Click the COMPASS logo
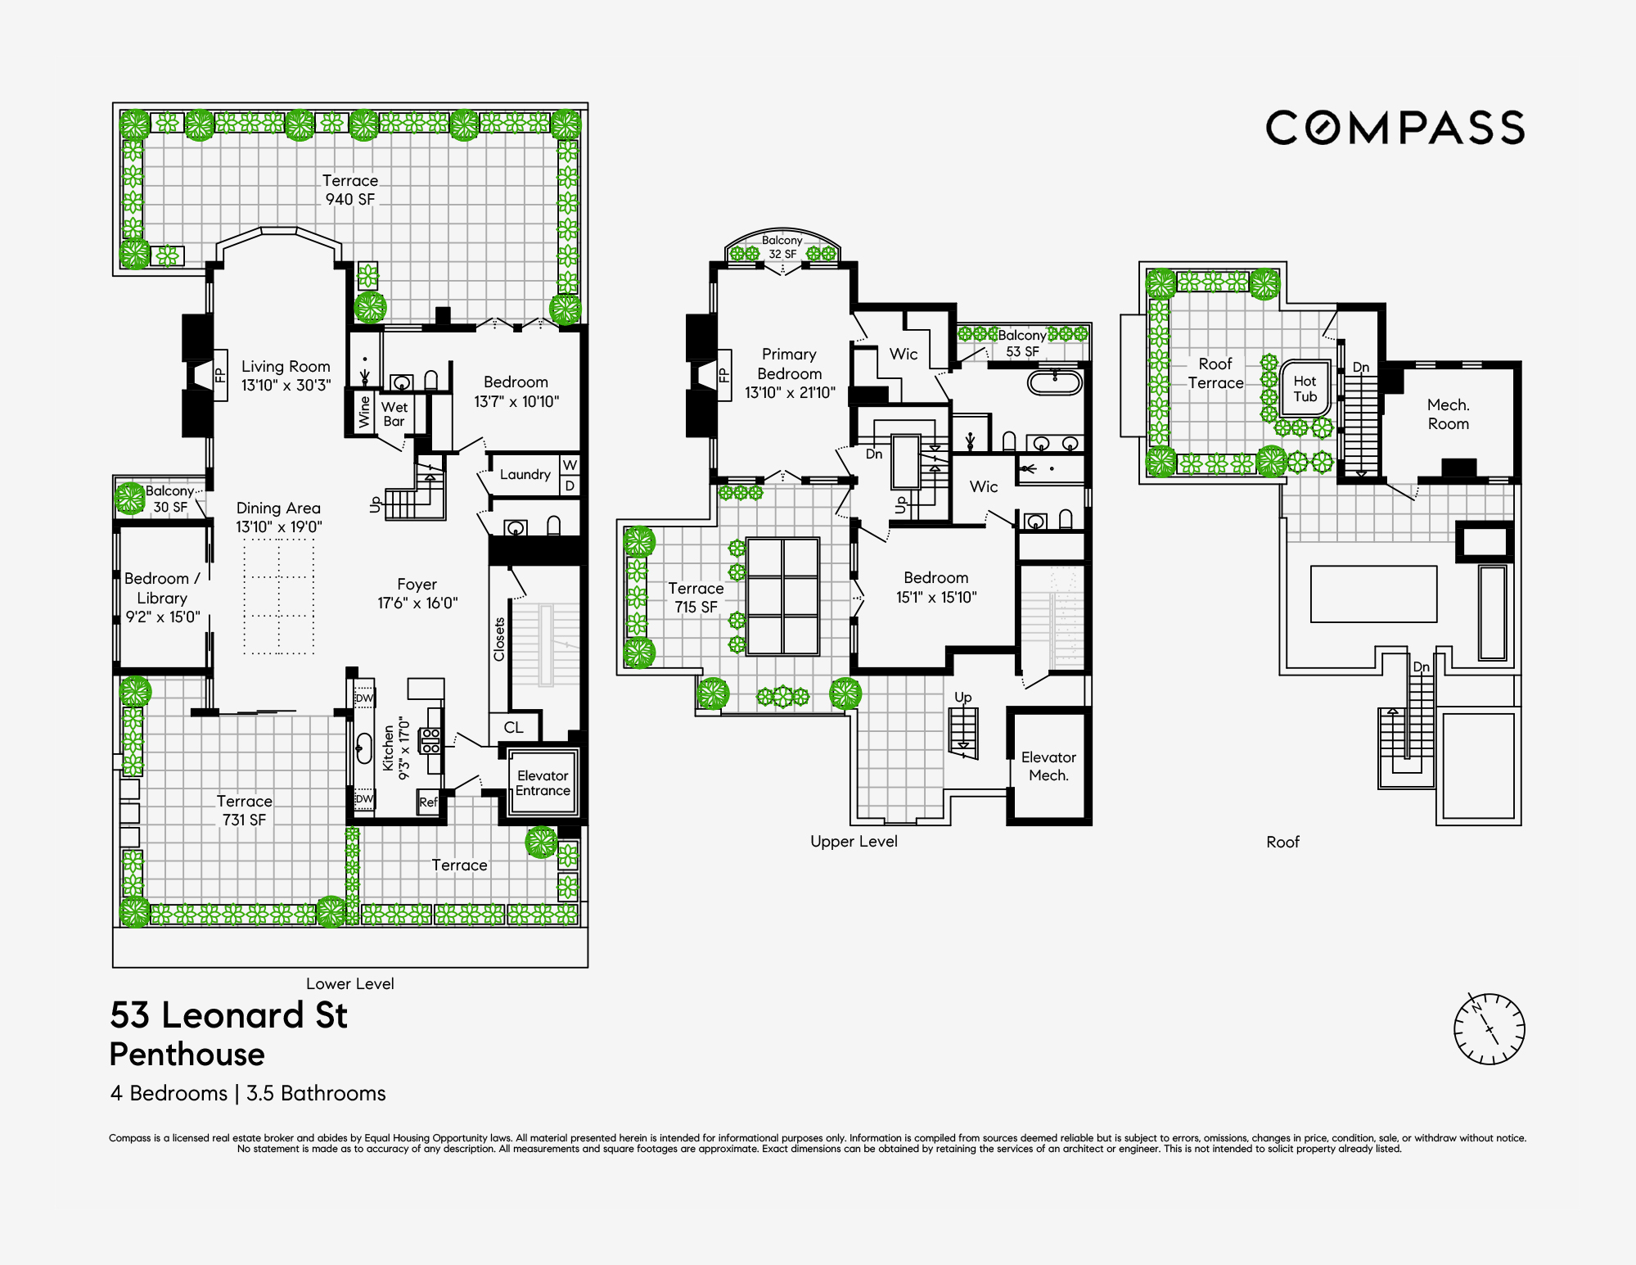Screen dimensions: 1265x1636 [1395, 129]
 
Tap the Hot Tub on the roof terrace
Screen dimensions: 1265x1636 [1305, 388]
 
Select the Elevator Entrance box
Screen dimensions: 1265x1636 [543, 783]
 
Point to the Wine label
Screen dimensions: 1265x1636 [364, 411]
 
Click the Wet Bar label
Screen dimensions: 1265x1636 [394, 413]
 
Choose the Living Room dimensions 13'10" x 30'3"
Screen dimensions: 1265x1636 [286, 385]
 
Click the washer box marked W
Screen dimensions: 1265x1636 [570, 465]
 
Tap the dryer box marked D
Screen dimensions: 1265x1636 [570, 486]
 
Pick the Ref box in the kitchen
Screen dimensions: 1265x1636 [428, 802]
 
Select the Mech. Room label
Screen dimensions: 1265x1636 [1448, 414]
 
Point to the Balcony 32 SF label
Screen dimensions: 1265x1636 [782, 246]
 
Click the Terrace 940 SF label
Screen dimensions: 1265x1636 [350, 190]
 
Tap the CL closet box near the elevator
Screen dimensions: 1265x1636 [513, 727]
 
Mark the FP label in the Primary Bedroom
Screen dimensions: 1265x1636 [724, 375]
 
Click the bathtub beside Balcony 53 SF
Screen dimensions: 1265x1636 [1055, 382]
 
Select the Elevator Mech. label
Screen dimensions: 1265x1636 [1048, 766]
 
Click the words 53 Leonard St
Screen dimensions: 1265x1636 [229, 1015]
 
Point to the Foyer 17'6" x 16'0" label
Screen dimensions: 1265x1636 [417, 594]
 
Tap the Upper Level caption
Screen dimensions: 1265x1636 [854, 841]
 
